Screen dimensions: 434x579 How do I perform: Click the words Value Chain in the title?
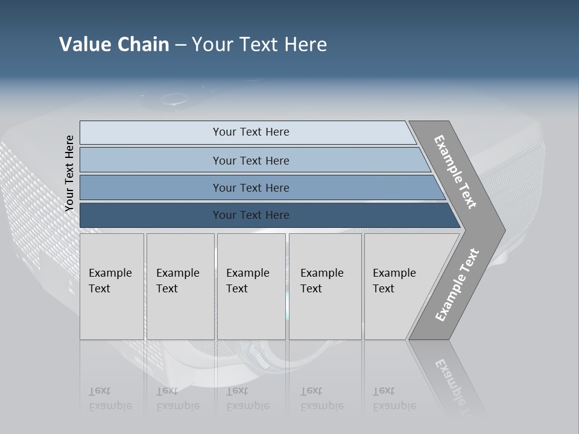[x=114, y=44]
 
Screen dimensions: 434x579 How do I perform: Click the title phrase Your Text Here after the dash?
[x=259, y=44]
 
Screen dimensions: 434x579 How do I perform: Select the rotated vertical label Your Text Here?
[x=69, y=173]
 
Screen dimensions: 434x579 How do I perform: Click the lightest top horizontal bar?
[x=250, y=132]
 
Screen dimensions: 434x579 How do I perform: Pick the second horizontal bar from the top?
[x=250, y=160]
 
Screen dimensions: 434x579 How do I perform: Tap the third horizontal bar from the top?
[x=250, y=187]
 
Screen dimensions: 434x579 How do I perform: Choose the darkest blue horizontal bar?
[x=250, y=215]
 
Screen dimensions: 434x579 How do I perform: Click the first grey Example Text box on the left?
[x=112, y=286]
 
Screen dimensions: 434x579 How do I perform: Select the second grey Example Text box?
[x=180, y=286]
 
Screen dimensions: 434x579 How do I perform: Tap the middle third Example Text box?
[x=250, y=286]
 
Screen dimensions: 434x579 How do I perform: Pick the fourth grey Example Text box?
[x=324, y=286]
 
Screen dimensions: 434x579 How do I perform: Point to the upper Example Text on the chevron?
[x=455, y=172]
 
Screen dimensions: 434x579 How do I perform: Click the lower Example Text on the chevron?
[x=457, y=285]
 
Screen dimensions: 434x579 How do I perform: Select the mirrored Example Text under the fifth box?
[x=394, y=398]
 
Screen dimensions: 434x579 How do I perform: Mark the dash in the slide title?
[x=180, y=45]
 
